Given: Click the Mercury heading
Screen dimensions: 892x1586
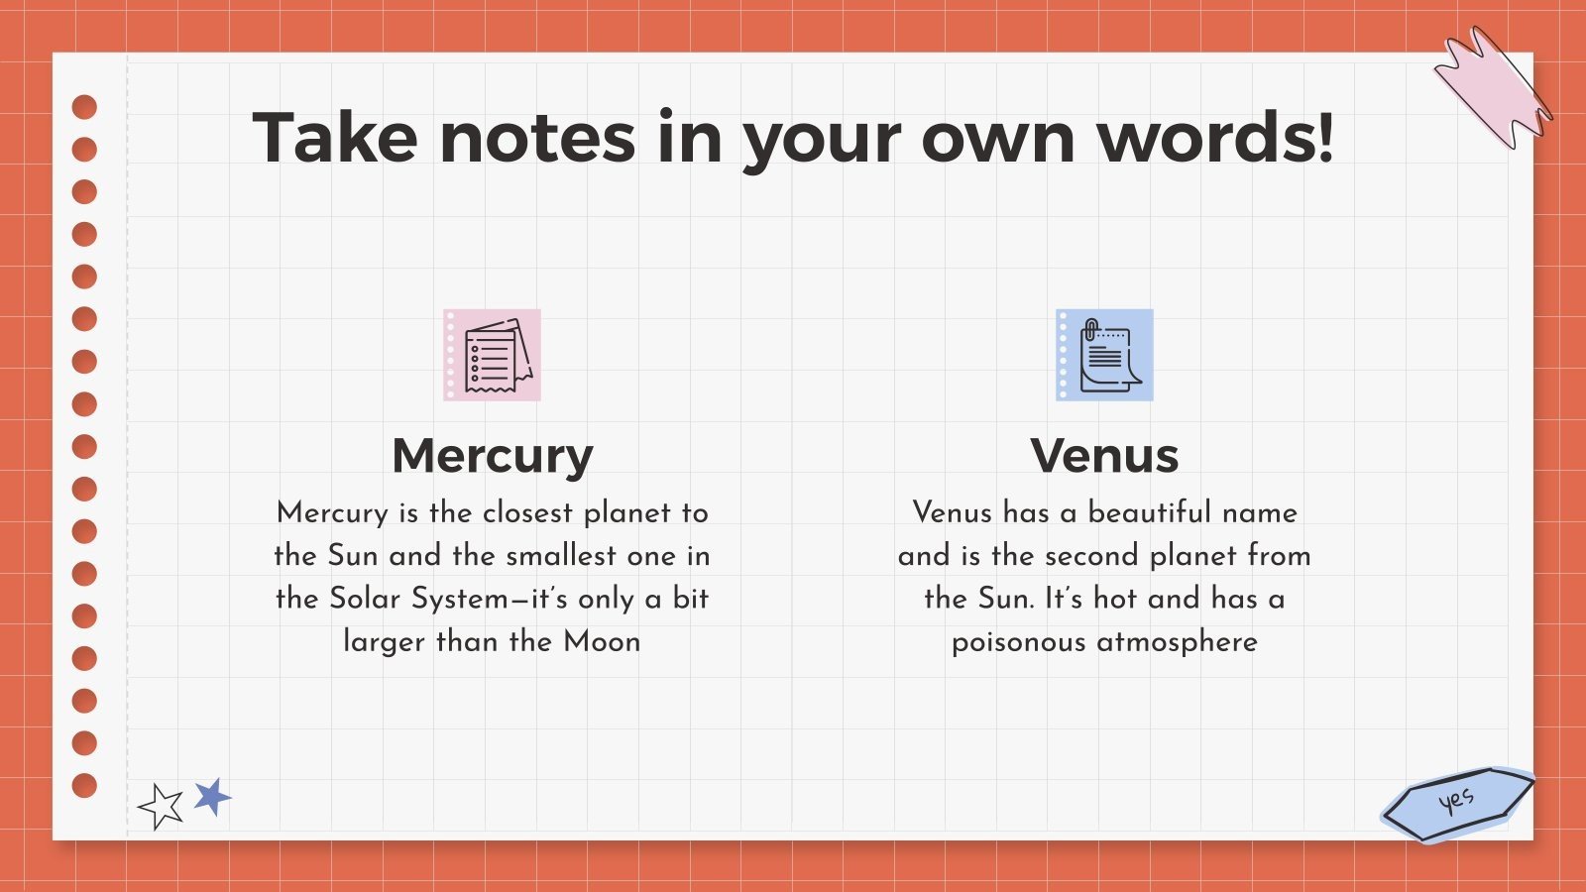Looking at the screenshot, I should click(493, 457).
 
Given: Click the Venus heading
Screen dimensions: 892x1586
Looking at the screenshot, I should click(1104, 457).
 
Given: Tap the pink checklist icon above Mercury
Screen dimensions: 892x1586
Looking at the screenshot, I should click(492, 355).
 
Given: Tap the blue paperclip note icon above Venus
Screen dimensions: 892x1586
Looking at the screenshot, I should click(1104, 355).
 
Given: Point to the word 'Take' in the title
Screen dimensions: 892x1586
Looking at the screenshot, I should click(335, 138).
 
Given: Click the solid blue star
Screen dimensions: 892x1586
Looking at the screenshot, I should click(212, 796).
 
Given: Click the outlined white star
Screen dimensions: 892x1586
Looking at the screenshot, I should click(161, 807).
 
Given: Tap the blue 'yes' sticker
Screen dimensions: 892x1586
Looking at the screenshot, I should click(1456, 802).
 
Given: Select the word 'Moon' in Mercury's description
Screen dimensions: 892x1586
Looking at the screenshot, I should click(602, 641).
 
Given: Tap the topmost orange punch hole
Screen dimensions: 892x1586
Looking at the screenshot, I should click(85, 107).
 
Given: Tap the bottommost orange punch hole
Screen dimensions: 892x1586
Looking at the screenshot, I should click(85, 785).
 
